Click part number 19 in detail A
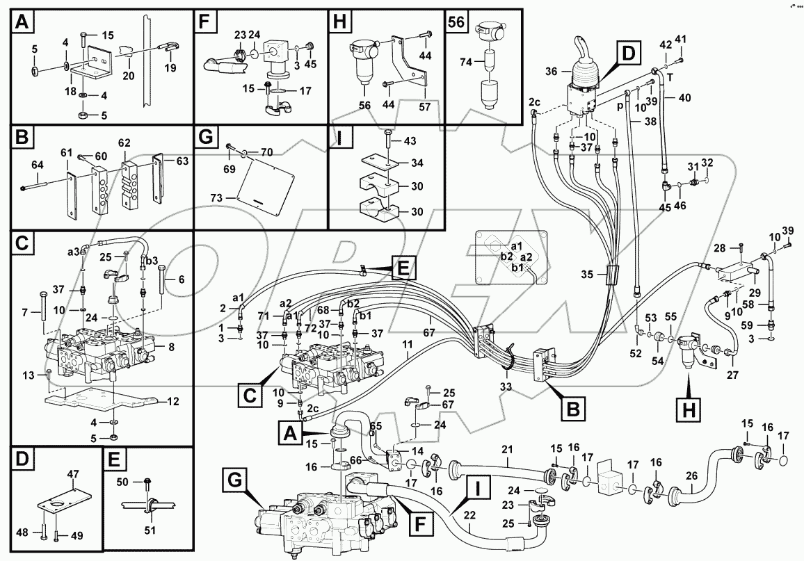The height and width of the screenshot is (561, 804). pos(170,67)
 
